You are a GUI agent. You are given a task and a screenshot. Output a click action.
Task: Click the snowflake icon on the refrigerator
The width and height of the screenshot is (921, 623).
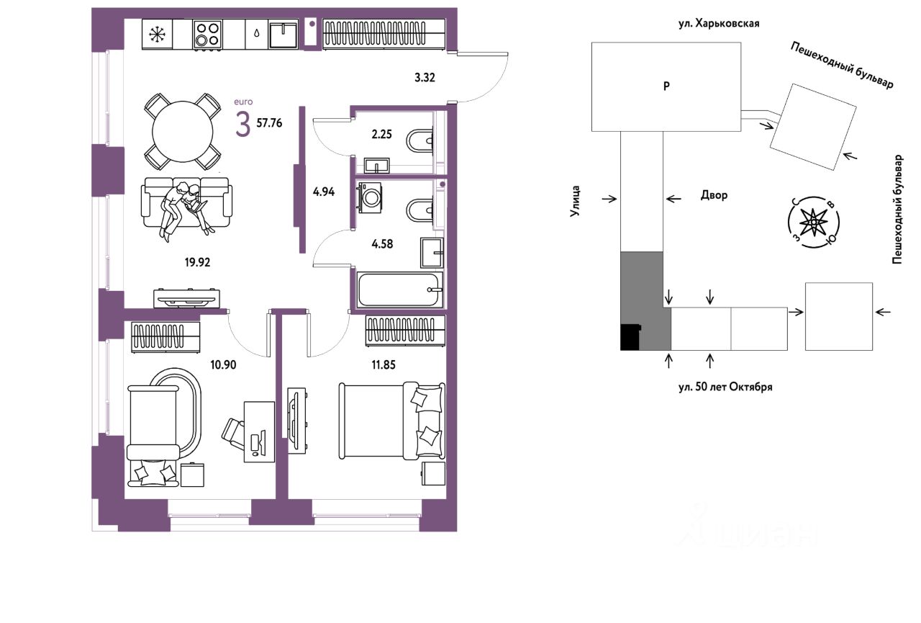[x=156, y=34]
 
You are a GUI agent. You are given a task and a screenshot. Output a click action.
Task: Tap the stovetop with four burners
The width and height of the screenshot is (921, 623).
[x=208, y=34]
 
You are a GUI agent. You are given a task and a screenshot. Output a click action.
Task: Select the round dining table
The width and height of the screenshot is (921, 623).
[x=183, y=132]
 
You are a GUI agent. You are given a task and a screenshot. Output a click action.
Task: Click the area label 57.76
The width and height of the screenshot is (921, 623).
[x=269, y=123]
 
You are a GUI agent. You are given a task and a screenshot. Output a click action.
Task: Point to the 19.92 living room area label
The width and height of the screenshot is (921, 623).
[x=197, y=262]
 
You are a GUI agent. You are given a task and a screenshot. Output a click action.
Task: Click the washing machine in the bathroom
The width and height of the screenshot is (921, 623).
[x=370, y=197]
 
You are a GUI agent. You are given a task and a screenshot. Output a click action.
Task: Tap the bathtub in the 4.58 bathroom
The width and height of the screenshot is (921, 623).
[x=399, y=290]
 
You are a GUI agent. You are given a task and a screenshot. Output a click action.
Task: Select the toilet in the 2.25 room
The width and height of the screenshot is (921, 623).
[x=419, y=140]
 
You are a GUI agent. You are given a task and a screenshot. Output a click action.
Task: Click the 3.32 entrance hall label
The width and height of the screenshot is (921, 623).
[x=425, y=77]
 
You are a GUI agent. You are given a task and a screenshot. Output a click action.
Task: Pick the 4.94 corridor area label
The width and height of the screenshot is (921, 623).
[x=324, y=192]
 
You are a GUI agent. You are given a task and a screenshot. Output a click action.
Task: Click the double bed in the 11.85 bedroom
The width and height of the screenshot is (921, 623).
[x=392, y=421]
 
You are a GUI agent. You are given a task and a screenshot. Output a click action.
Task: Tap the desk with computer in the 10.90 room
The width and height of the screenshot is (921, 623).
[x=259, y=431]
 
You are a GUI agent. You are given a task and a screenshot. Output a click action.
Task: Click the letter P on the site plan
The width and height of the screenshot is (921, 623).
[x=666, y=86]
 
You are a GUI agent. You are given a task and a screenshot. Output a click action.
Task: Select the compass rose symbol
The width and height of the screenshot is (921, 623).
[x=814, y=223]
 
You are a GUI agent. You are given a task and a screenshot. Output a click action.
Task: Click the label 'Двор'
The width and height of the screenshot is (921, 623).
[x=714, y=195]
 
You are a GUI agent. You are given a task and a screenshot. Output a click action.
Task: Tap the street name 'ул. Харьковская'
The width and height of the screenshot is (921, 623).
[x=719, y=24]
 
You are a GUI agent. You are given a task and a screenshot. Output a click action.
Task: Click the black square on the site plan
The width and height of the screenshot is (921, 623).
[x=630, y=337]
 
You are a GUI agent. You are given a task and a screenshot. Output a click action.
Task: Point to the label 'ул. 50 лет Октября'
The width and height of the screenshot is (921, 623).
[x=725, y=387]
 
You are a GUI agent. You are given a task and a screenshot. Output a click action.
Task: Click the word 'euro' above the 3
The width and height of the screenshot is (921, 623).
[x=243, y=102]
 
